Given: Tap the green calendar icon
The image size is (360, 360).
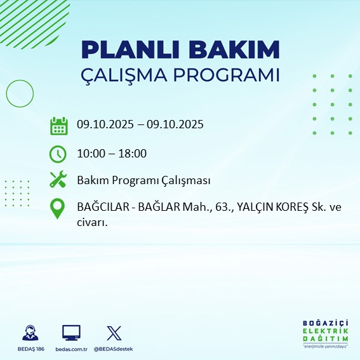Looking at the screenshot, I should [x=58, y=126].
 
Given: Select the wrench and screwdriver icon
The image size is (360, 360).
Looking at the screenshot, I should [x=58, y=181].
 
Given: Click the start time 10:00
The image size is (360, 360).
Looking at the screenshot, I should [x=90, y=153].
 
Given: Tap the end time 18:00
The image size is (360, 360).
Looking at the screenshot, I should [x=134, y=153].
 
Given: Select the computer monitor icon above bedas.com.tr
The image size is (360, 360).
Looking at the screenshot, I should [x=71, y=332].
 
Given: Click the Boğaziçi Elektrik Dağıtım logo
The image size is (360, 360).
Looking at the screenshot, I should [x=325, y=333].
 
